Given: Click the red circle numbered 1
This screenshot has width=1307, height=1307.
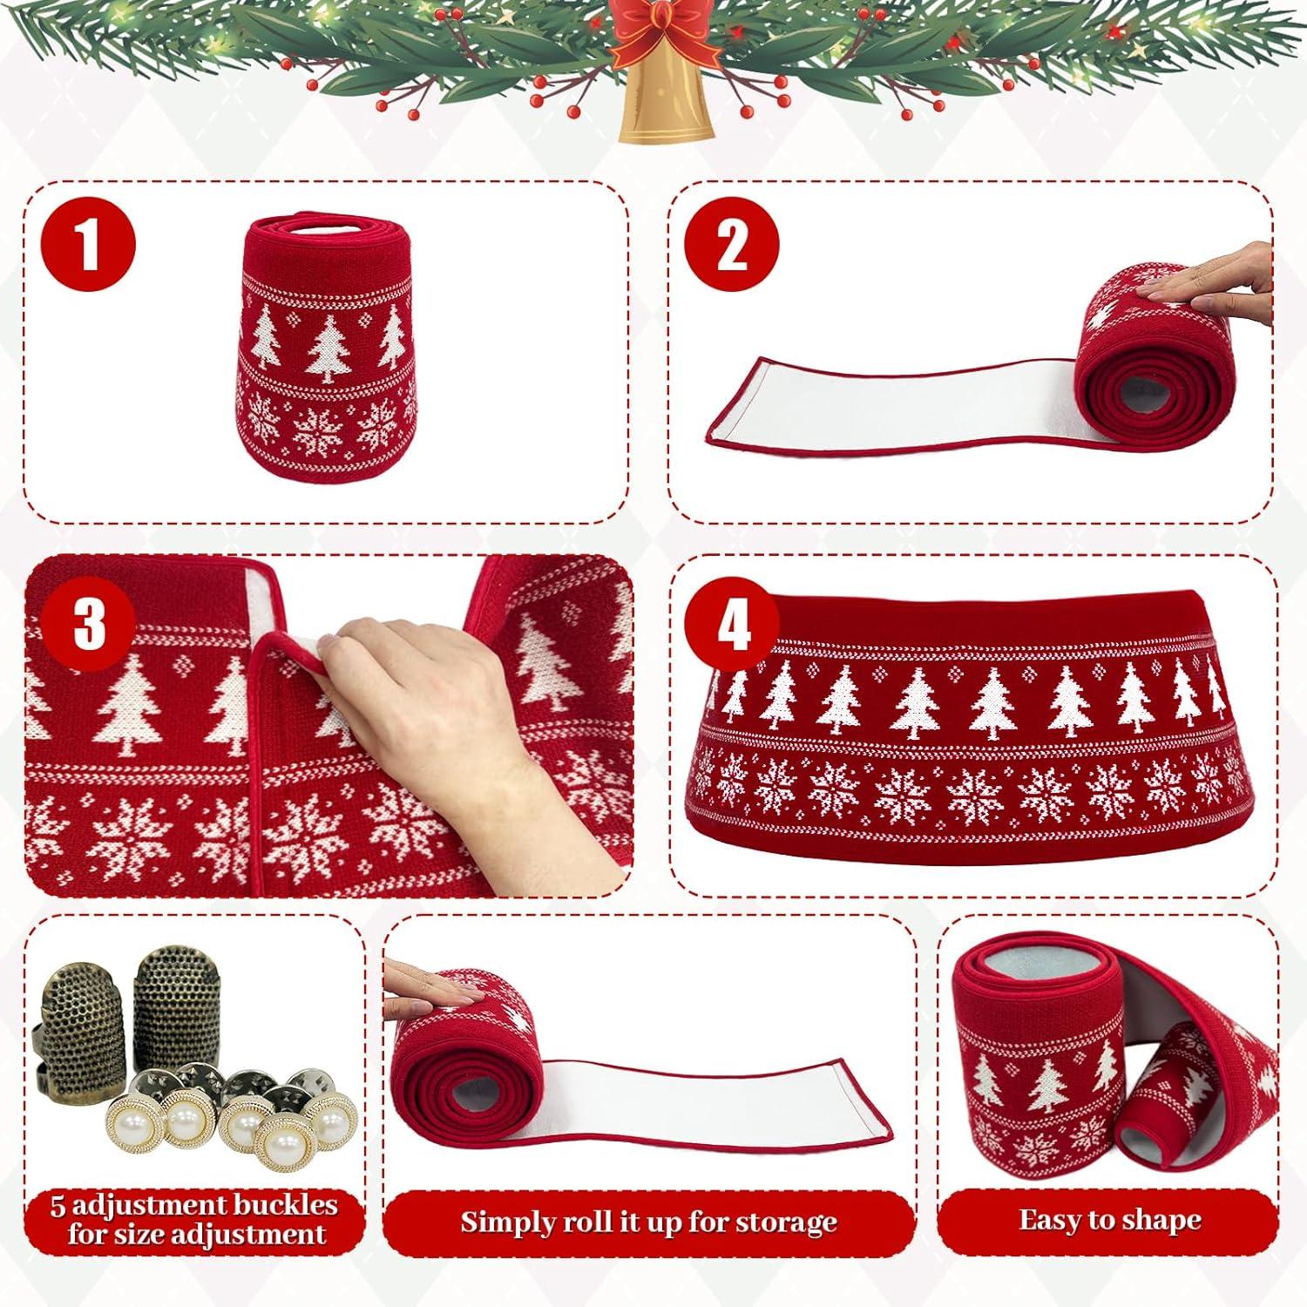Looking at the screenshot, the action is [91, 246].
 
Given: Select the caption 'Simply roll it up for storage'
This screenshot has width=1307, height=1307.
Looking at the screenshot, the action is [648, 1222].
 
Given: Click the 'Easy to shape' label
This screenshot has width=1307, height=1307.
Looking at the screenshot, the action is [1109, 1219].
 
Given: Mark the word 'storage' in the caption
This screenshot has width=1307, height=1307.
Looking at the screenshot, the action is [786, 1223].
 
